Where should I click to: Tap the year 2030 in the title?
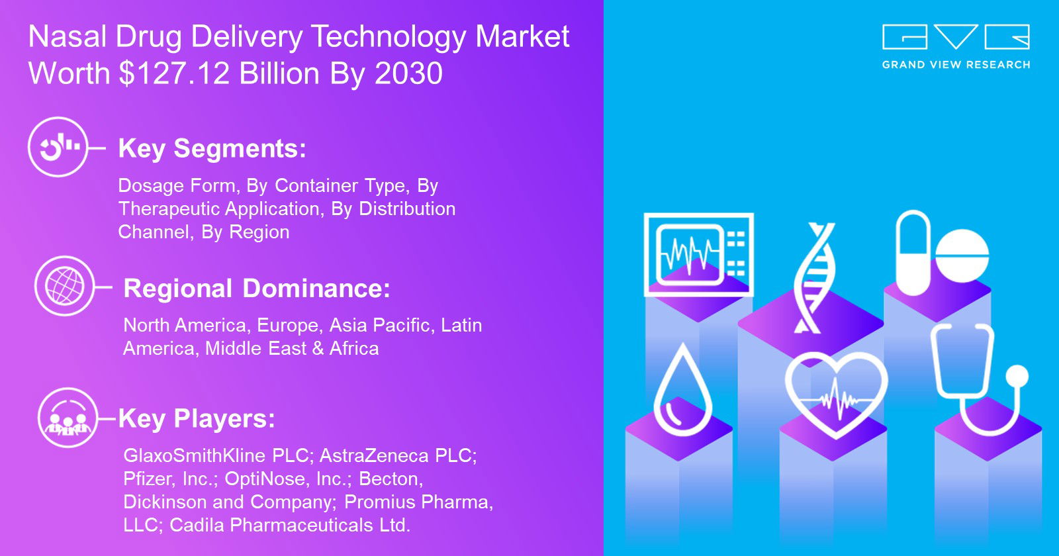point(409,73)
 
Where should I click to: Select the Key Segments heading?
point(212,149)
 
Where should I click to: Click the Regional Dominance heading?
point(257,288)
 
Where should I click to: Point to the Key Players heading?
point(197,419)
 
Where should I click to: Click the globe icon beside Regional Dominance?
point(65,286)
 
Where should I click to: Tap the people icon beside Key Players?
point(68,418)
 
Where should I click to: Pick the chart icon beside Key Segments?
point(58,147)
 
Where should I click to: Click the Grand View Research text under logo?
point(956,65)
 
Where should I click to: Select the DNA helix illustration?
point(814,278)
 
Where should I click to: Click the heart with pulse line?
point(837,394)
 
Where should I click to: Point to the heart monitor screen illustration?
point(699,255)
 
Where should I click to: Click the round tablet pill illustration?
point(962,255)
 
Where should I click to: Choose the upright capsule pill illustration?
point(913,253)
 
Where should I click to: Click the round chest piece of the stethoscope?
point(1017,377)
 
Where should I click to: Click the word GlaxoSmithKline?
point(195,456)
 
